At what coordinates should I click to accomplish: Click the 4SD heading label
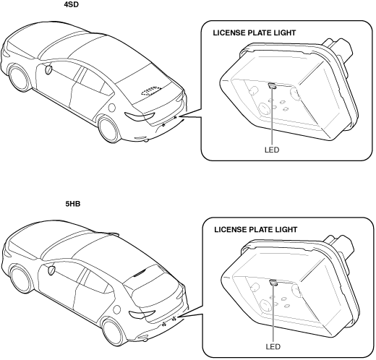(x=72, y=4)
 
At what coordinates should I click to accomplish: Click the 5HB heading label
(x=73, y=204)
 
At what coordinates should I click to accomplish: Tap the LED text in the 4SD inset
(x=272, y=150)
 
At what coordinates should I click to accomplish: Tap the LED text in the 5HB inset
(x=273, y=347)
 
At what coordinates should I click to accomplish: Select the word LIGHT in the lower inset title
(x=286, y=230)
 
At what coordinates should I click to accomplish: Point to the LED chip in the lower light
(x=273, y=282)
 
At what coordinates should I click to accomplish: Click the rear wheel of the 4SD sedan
(x=109, y=129)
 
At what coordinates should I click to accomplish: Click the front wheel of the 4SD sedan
(x=19, y=77)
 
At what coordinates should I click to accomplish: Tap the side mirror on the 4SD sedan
(x=48, y=69)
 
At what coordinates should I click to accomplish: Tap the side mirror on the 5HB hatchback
(x=51, y=270)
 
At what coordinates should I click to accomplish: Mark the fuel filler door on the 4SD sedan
(x=112, y=108)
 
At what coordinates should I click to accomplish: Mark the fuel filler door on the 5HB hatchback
(x=117, y=309)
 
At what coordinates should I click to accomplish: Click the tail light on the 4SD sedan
(x=140, y=116)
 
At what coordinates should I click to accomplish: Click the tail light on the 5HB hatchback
(x=142, y=314)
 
